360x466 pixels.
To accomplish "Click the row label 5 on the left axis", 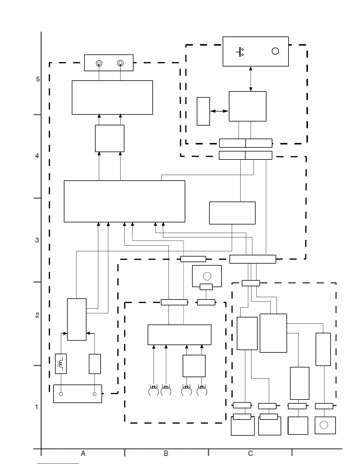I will [x=38, y=79].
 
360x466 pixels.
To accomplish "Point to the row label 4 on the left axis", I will [x=37, y=156].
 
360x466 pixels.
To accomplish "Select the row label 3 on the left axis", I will [x=37, y=240].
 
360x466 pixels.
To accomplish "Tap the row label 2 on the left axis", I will [x=37, y=315].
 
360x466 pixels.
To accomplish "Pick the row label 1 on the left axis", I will [x=37, y=407].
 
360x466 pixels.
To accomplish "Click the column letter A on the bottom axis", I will [x=83, y=453].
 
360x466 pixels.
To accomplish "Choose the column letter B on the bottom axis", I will [x=166, y=453].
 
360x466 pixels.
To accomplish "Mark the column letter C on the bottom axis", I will [x=250, y=453].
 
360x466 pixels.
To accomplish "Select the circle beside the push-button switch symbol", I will [x=275, y=51].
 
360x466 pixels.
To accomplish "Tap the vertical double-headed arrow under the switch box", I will [x=251, y=79].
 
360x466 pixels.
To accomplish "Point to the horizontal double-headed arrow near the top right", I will [x=219, y=111].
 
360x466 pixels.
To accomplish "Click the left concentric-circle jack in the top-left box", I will [x=99, y=63].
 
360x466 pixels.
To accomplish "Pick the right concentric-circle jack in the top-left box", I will [x=120, y=63].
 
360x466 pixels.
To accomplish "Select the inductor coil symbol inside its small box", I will [x=61, y=364].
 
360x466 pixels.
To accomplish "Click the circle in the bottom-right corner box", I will [x=324, y=425].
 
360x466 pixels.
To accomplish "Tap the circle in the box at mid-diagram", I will [x=207, y=276].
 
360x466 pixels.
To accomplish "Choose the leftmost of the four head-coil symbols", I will [x=154, y=391].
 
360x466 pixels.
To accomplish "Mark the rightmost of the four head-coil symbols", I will [x=202, y=391].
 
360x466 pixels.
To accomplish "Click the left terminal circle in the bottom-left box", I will [x=61, y=394].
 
